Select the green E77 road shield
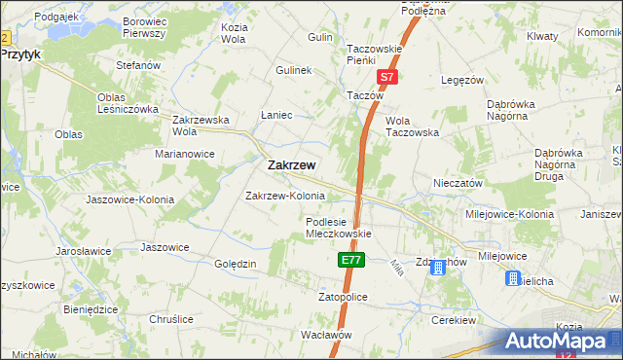point(351,260)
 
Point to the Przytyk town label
point(20,55)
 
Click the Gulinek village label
point(292,71)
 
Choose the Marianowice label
point(184,153)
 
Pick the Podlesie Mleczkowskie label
point(334,228)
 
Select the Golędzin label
point(235,264)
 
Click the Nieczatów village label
point(458,183)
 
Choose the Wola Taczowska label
point(412,126)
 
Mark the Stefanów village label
point(137,65)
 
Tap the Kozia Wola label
point(233,34)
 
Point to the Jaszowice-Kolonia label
point(129,199)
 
